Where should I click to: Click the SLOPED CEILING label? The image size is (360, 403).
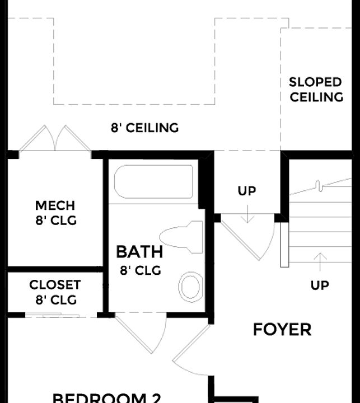(316, 90)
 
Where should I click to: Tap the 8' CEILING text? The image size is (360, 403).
(144, 128)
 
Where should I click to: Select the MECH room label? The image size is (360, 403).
(55, 205)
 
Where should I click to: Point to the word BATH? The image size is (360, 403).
(139, 251)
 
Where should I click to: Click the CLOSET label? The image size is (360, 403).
(55, 285)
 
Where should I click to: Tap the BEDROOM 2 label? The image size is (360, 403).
(107, 397)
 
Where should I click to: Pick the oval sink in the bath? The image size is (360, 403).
(190, 287)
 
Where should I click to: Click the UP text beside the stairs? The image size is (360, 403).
(320, 285)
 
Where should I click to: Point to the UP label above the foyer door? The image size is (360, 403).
(247, 191)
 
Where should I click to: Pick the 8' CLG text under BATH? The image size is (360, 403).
(140, 270)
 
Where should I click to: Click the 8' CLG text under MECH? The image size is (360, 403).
(55, 221)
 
